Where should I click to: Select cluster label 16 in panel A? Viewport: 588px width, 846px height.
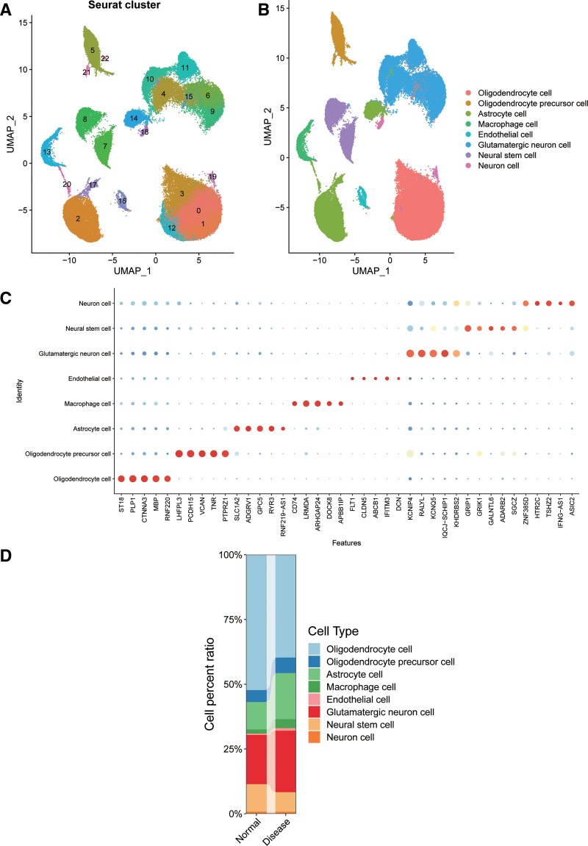coord(122,201)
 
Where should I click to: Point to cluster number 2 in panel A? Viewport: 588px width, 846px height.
coord(77,219)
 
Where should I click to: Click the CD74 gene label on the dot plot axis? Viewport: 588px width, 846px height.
coord(295,506)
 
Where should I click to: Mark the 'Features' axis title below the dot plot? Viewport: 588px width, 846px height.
coord(347,544)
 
